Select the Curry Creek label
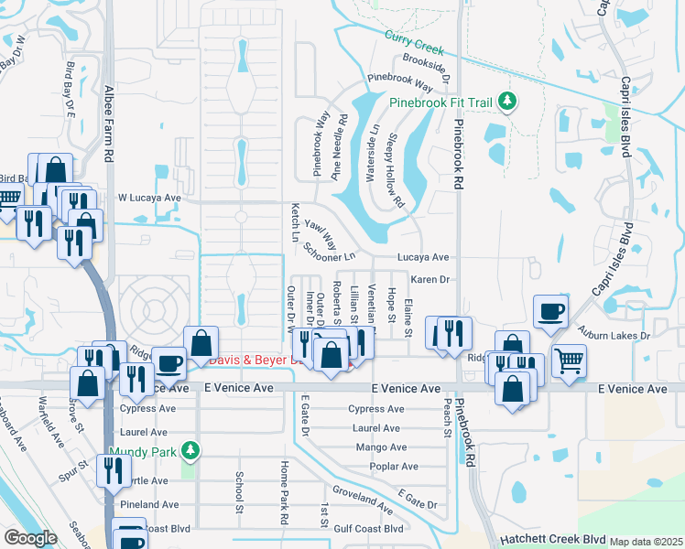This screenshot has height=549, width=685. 413,41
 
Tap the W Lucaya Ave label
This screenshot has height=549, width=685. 149,198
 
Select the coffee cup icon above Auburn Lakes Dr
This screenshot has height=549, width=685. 551,312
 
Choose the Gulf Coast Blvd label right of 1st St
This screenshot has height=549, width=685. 369,529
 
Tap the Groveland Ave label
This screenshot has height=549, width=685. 363,499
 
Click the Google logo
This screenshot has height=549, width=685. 29,538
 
